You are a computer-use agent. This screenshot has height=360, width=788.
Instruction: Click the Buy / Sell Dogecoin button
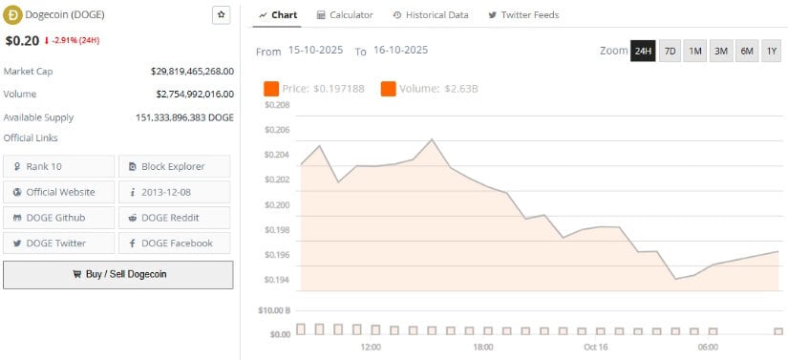tap(117, 274)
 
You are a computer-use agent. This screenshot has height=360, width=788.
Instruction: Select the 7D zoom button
tap(670, 50)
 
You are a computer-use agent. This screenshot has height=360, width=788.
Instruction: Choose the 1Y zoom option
tap(772, 50)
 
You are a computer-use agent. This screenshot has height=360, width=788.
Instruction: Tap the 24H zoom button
tap(643, 50)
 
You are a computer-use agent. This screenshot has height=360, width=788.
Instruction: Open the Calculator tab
tap(345, 15)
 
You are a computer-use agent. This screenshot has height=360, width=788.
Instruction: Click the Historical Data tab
tap(430, 15)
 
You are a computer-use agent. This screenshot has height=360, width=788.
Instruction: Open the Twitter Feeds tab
tap(523, 15)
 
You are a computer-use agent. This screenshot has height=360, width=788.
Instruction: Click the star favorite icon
tap(221, 15)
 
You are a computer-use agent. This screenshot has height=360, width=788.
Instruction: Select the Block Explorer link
tap(175, 166)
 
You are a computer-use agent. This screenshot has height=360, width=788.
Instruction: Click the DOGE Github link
tap(59, 218)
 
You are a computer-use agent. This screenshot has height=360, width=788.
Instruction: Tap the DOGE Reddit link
tap(175, 218)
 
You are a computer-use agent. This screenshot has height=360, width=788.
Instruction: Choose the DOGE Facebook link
tap(175, 244)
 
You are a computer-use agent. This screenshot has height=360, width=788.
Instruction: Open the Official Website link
tap(59, 192)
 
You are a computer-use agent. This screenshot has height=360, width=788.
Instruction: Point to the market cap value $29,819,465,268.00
tap(192, 71)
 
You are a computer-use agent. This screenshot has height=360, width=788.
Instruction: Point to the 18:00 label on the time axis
tap(483, 347)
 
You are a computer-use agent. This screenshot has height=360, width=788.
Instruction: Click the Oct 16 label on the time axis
tap(596, 347)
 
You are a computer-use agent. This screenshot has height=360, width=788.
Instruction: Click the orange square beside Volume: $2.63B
tap(389, 89)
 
